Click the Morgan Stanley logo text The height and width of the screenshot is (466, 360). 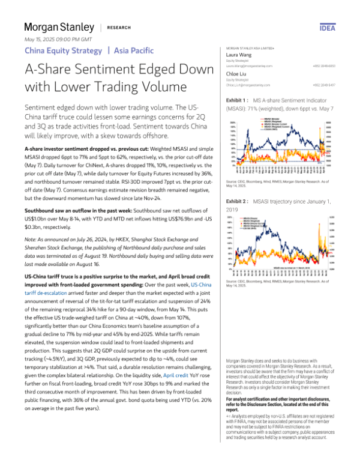(59, 28)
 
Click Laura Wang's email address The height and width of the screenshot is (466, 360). (248, 65)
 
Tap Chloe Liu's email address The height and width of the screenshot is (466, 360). (247, 85)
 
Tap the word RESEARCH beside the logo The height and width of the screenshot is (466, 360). (119, 28)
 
